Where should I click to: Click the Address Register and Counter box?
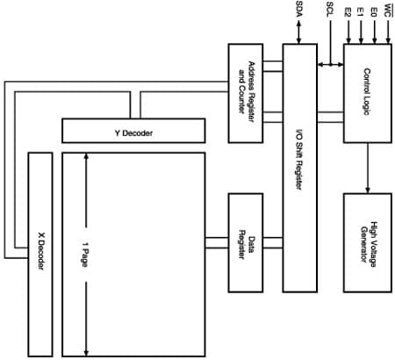(246, 92)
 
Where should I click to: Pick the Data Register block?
(246, 242)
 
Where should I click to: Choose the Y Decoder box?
(133, 130)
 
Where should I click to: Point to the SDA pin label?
(299, 10)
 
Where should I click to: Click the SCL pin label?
(329, 10)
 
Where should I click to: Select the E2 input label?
(348, 12)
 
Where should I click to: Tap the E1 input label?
(362, 12)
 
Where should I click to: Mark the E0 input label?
(375, 12)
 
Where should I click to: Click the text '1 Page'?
(85, 253)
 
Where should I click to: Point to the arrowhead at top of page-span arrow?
(85, 158)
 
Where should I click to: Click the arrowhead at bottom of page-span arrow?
(85, 347)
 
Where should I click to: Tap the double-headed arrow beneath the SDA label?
(299, 32)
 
